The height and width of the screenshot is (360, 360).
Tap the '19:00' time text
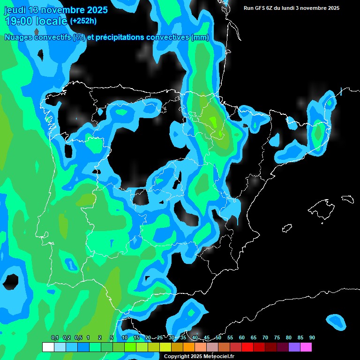(x=19, y=21)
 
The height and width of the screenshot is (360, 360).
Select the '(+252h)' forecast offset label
(x=83, y=21)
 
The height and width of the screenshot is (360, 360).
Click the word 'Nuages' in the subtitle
(x=19, y=37)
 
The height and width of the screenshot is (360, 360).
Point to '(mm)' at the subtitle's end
(x=200, y=37)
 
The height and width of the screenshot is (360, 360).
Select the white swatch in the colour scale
(x=48, y=347)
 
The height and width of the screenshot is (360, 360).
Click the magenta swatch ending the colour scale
(x=306, y=347)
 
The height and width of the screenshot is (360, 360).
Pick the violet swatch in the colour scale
(x=294, y=347)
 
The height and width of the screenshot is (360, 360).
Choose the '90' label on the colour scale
(x=312, y=338)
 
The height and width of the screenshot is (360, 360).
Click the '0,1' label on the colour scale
(x=55, y=338)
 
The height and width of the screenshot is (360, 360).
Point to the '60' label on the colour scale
(x=242, y=338)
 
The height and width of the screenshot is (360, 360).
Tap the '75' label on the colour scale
(x=277, y=338)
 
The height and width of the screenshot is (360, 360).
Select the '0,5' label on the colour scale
(x=78, y=338)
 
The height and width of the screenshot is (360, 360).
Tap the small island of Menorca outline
(x=347, y=199)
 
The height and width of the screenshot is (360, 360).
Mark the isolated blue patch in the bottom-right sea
(x=336, y=321)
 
